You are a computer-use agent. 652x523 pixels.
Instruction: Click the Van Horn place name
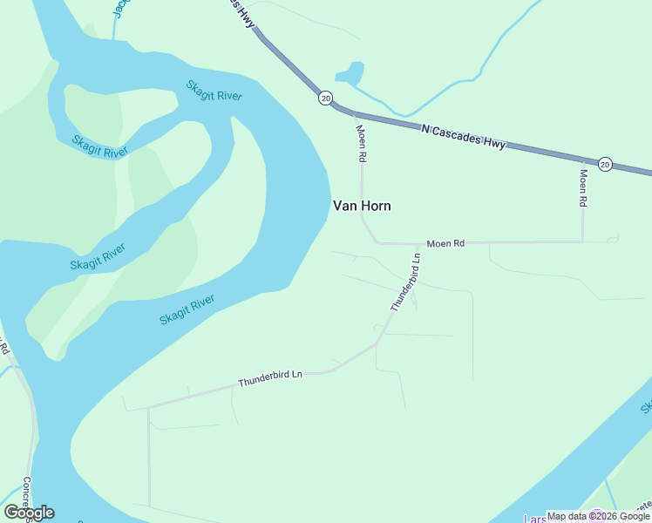tap(362, 207)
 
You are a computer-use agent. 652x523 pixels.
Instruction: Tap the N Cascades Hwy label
tap(463, 136)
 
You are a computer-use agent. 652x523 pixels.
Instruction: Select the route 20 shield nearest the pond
tap(325, 98)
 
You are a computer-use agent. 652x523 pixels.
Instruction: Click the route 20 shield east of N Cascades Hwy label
tap(605, 164)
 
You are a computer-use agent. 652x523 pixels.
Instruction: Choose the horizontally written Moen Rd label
tap(445, 243)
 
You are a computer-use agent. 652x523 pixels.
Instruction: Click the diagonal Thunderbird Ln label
tap(405, 282)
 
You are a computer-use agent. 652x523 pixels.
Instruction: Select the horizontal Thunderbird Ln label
tap(269, 377)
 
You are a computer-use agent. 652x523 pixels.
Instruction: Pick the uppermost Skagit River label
tap(214, 90)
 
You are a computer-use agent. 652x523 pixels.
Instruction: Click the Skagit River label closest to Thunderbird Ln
tap(187, 309)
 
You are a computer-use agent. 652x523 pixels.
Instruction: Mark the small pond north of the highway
tap(350, 73)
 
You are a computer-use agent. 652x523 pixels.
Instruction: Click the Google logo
tap(29, 513)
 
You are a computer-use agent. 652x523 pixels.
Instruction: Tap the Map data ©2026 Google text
tap(598, 516)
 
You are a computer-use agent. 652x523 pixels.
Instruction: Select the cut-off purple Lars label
tap(536, 518)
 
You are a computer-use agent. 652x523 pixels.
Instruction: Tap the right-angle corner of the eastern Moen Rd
tap(583, 241)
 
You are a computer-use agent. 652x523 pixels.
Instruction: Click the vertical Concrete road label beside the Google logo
tap(27, 498)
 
